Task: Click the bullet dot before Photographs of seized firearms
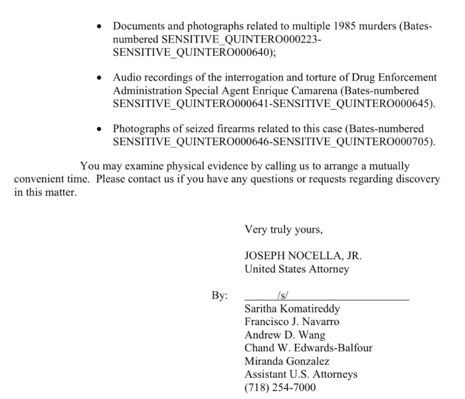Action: tap(99, 129)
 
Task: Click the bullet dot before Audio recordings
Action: tap(99, 78)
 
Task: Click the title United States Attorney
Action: tap(296, 269)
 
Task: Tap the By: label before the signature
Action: tap(220, 295)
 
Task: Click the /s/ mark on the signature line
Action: tap(282, 295)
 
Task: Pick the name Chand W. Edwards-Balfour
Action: tap(308, 348)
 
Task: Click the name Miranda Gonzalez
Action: tap(286, 361)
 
